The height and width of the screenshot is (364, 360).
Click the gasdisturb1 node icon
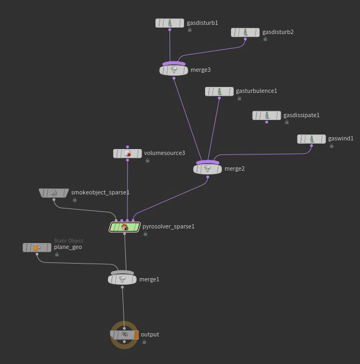(x=169, y=23)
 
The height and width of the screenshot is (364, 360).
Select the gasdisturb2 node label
(x=278, y=32)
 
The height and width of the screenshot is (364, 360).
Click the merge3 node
(x=174, y=70)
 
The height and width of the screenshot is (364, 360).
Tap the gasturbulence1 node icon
(x=219, y=91)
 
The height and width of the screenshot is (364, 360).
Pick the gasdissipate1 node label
(x=301, y=115)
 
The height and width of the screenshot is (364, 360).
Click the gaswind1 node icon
(x=311, y=139)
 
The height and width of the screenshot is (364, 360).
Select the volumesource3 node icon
(x=127, y=153)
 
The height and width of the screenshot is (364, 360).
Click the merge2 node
(x=207, y=169)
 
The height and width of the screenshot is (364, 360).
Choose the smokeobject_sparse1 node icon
(x=53, y=193)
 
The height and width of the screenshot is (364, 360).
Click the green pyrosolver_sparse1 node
(x=125, y=227)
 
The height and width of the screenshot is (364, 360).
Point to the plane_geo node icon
(x=36, y=247)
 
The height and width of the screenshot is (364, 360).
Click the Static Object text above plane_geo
(x=68, y=241)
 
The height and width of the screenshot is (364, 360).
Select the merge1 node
(x=122, y=279)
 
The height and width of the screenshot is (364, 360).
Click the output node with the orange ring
(x=124, y=335)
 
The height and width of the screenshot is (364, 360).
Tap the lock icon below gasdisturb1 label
(x=189, y=30)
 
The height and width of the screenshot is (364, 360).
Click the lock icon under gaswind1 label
(x=331, y=146)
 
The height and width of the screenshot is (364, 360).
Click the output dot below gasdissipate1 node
(x=267, y=122)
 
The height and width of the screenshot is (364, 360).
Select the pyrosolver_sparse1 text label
(x=168, y=226)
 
